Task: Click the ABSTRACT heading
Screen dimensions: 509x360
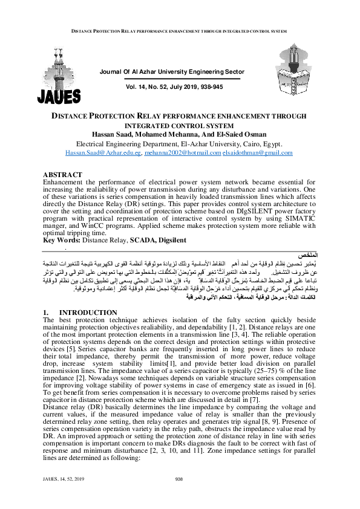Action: coord(63,173)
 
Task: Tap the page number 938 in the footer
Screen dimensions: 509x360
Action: coord(178,496)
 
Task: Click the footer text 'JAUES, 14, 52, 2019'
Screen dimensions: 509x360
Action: coord(62,496)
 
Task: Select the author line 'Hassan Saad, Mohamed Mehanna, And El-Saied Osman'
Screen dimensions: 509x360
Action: coord(180,134)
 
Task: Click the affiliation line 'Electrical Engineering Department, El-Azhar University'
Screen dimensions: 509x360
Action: coord(180,144)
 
